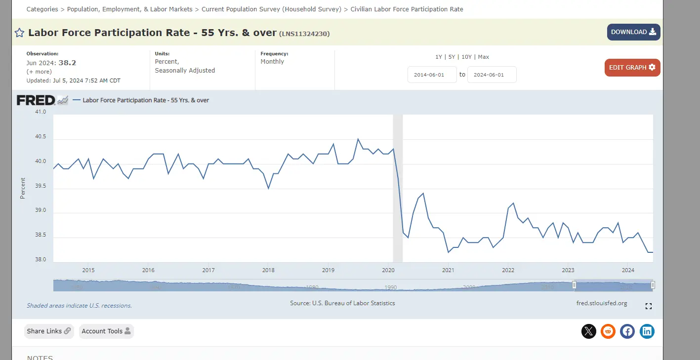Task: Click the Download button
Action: point(633,32)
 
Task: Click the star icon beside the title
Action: point(19,33)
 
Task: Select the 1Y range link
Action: point(439,57)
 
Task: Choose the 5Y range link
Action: point(452,57)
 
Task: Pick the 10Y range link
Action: point(466,57)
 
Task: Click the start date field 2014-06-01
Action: point(432,75)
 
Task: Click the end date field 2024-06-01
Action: point(492,75)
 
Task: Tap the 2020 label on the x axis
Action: point(388,270)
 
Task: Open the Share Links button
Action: point(49,331)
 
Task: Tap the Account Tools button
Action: point(106,331)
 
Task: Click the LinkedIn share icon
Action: point(647,331)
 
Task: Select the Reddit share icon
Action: point(608,331)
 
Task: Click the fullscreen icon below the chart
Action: point(649,306)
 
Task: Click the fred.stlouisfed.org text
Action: point(601,303)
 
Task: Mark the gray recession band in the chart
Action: point(398,188)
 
